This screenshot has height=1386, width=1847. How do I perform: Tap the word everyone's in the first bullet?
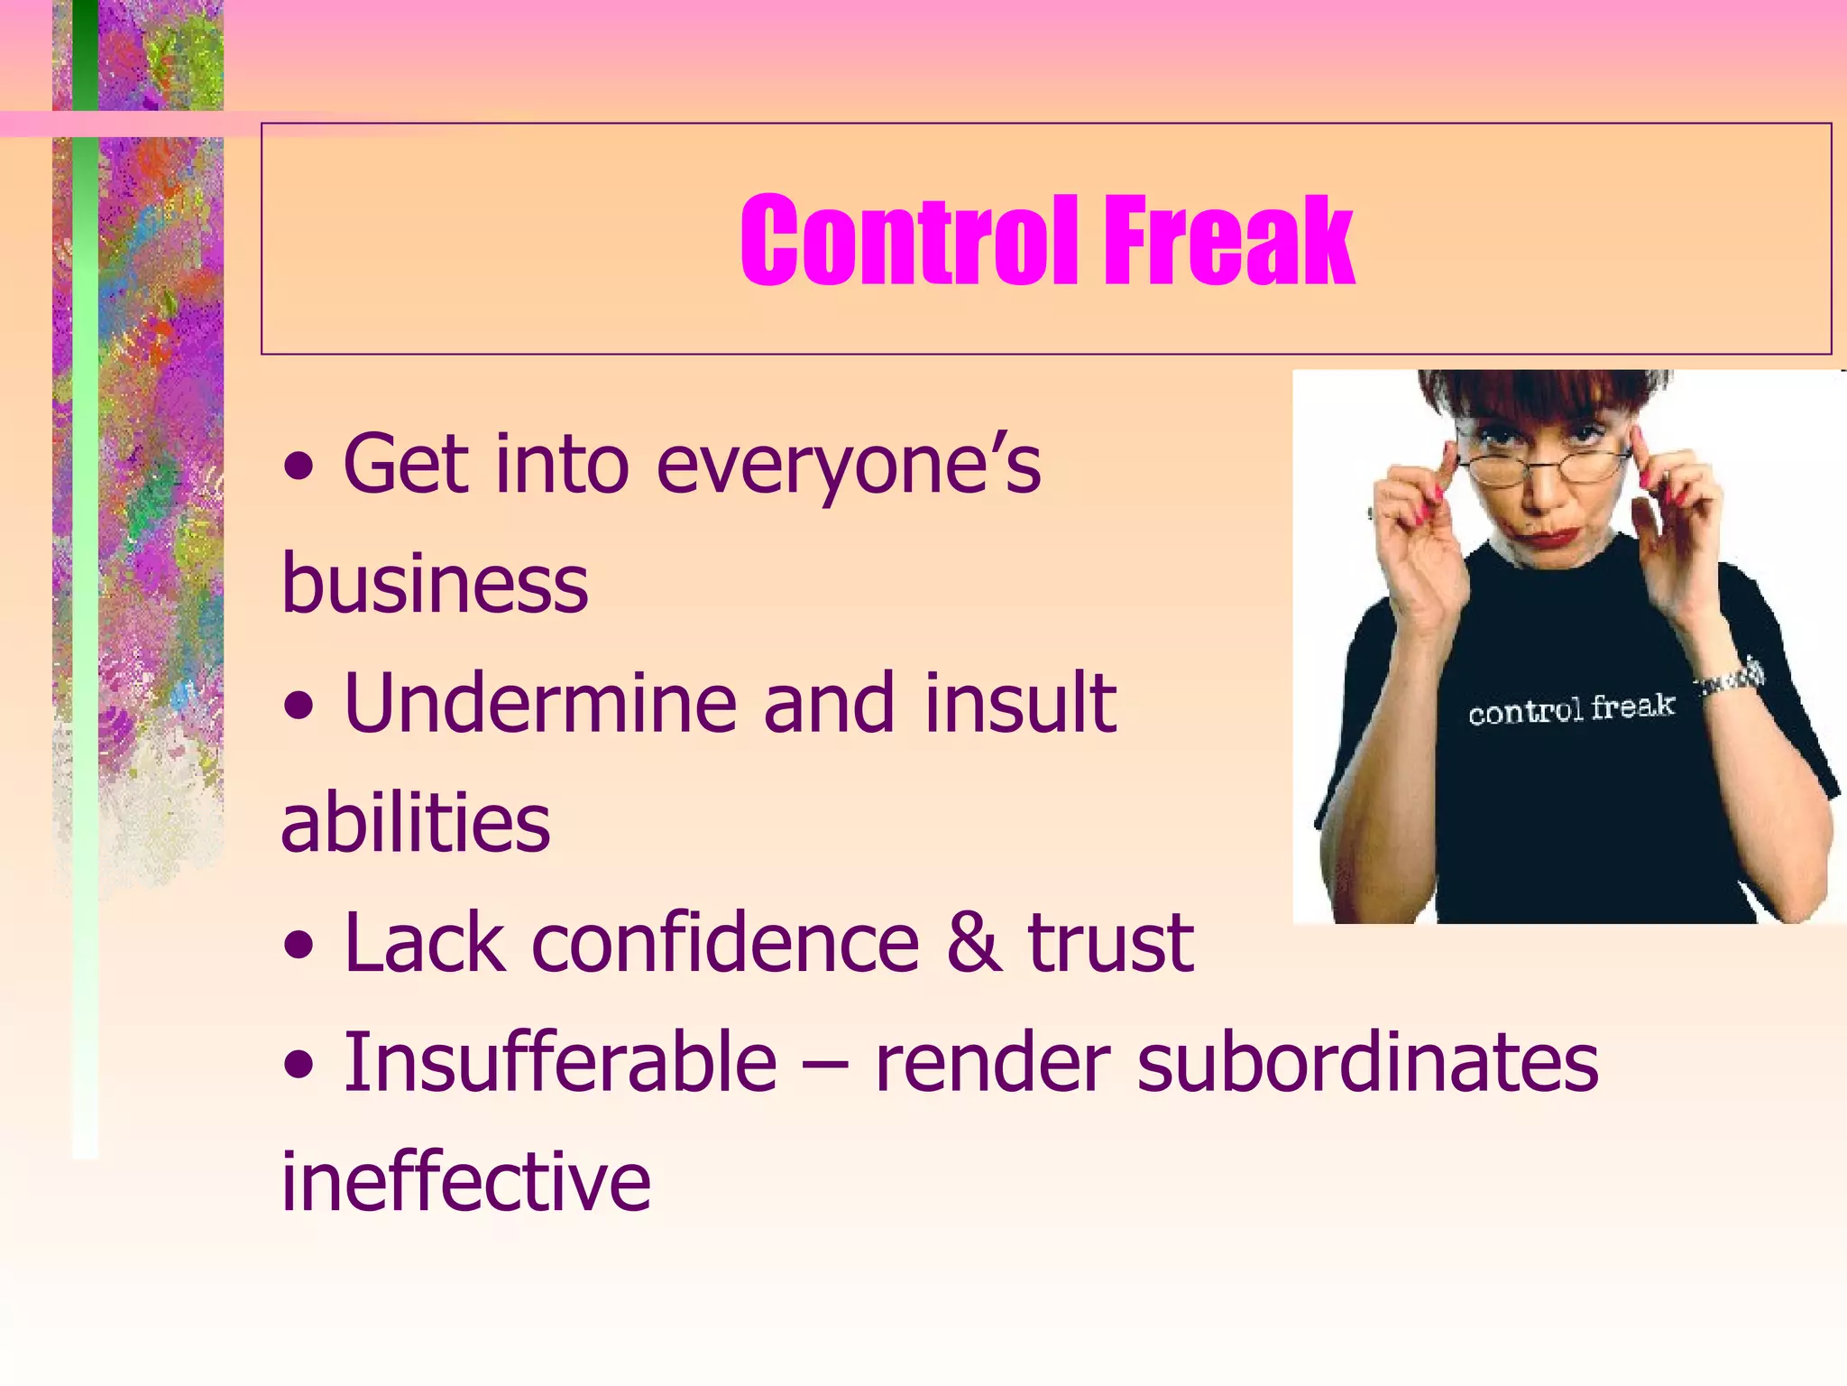pyautogui.click(x=848, y=466)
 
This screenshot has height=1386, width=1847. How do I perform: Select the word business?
pyautogui.click(x=435, y=584)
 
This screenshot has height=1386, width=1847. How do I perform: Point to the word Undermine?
pyautogui.click(x=540, y=703)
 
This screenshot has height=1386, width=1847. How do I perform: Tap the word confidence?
pyautogui.click(x=726, y=943)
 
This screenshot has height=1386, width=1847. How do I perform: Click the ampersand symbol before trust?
pyautogui.click(x=974, y=943)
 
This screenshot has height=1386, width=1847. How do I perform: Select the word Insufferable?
pyautogui.click(x=560, y=1062)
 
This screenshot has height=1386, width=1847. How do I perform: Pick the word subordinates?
pyautogui.click(x=1367, y=1062)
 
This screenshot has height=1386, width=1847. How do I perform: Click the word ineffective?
pyautogui.click(x=466, y=1181)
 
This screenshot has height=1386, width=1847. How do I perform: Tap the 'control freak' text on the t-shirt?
pyautogui.click(x=1570, y=709)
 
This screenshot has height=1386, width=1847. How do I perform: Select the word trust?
pyautogui.click(x=1111, y=943)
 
